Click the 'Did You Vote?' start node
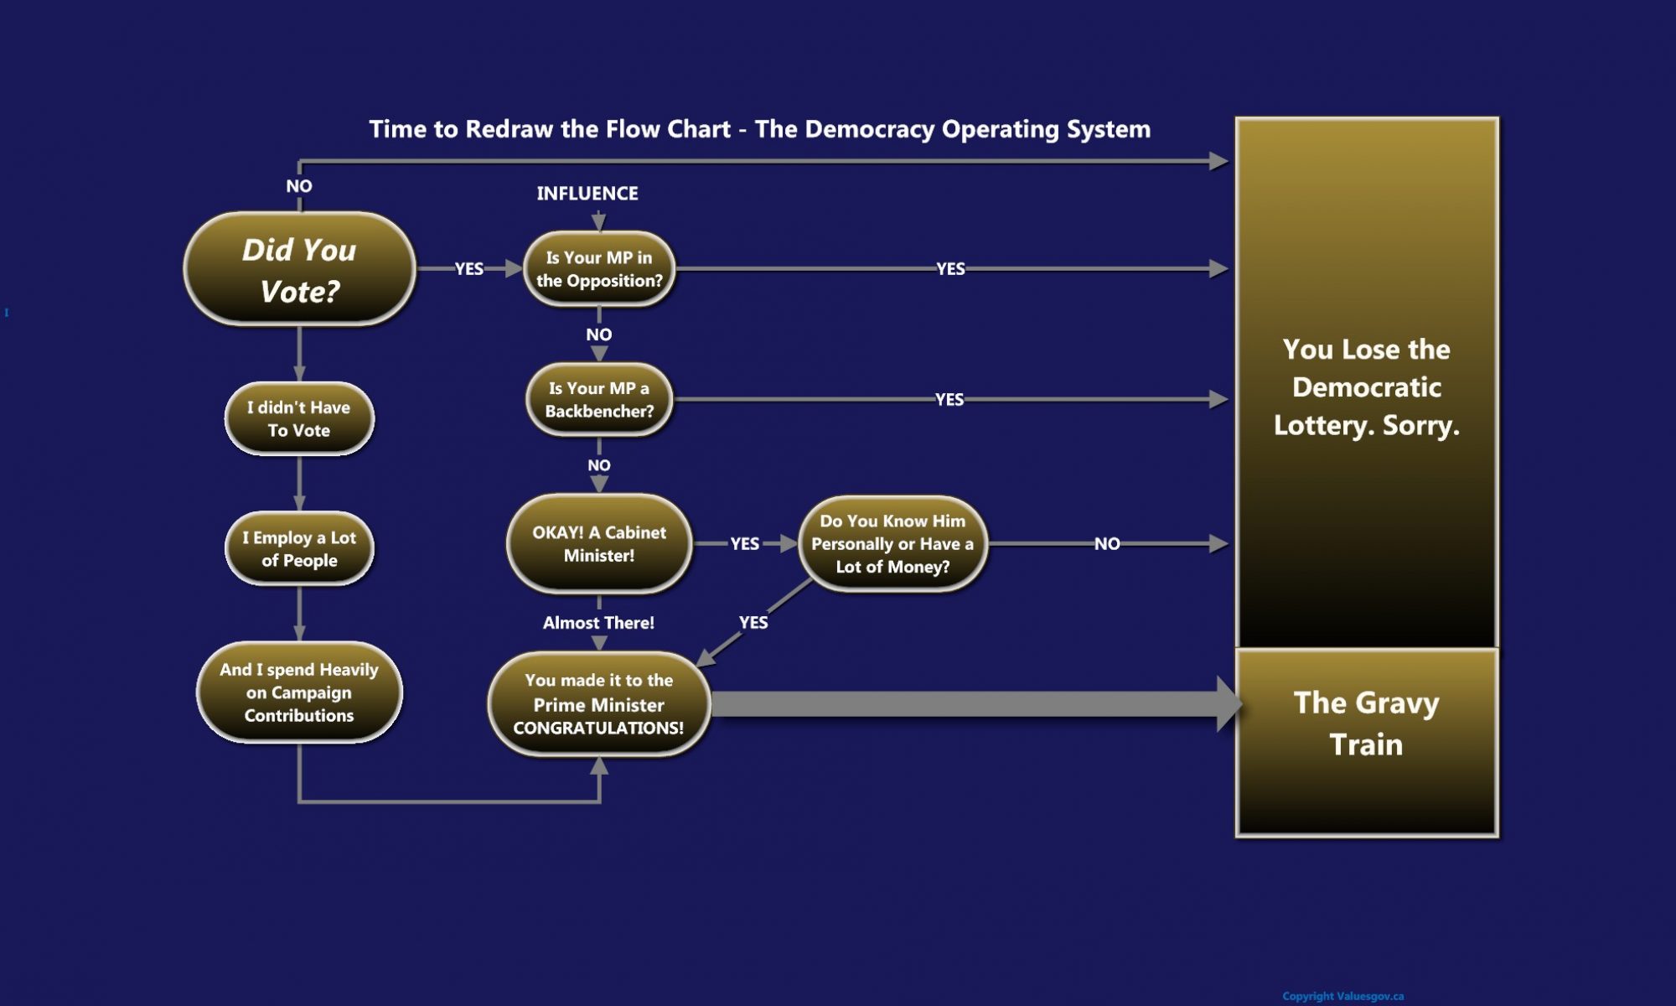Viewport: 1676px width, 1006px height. click(299, 270)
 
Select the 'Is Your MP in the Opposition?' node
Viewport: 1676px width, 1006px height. click(598, 269)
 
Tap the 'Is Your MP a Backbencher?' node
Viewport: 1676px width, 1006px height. click(598, 400)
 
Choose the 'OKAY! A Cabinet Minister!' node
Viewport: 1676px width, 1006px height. click(598, 544)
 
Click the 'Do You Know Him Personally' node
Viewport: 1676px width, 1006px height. click(892, 544)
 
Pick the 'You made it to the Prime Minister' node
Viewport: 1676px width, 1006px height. click(598, 704)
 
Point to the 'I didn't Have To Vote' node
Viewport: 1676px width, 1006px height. click(299, 419)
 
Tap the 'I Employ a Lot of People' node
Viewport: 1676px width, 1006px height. click(299, 549)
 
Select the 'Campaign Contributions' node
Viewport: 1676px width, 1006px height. click(299, 692)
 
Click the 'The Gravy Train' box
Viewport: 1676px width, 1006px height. click(1366, 742)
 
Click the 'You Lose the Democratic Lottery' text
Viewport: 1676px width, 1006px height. click(1366, 387)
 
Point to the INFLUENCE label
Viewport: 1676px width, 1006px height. click(587, 194)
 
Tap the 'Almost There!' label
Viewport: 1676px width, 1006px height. click(598, 623)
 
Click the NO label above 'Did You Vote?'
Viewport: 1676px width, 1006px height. click(299, 186)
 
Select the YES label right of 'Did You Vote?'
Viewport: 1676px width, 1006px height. click(468, 269)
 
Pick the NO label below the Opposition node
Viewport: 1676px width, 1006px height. click(598, 334)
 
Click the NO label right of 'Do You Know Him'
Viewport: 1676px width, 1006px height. click(1106, 544)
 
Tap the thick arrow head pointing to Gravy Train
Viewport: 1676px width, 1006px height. click(1229, 704)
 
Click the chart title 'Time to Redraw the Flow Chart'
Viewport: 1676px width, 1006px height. click(759, 129)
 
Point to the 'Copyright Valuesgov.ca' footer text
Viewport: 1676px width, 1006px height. click(1342, 996)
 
